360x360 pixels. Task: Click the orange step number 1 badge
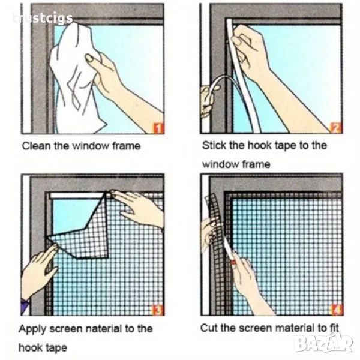point(158,128)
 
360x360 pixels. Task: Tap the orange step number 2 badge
point(336,128)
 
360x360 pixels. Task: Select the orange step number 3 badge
point(158,310)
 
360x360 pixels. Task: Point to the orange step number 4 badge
point(337,309)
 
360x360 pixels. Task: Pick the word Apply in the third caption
point(33,329)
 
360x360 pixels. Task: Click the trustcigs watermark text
point(43,19)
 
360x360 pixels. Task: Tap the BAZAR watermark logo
point(324,344)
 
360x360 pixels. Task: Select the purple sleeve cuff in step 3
point(25,305)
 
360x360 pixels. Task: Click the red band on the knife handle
point(233,262)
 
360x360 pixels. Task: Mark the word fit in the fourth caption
point(334,328)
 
